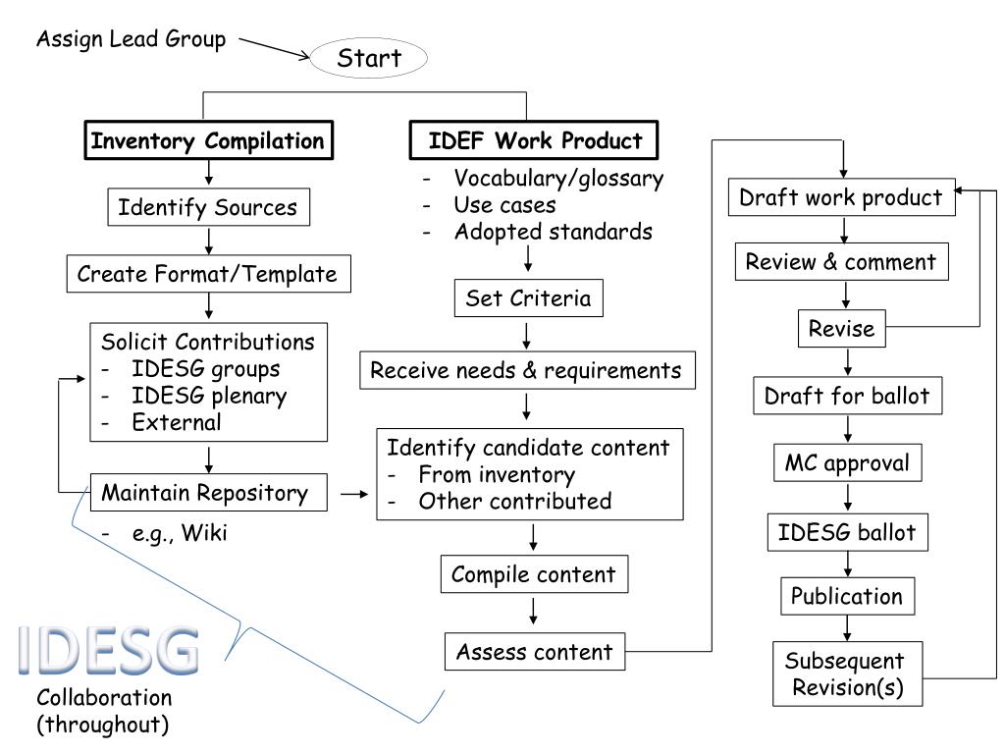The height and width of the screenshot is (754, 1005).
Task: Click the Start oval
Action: coord(369,58)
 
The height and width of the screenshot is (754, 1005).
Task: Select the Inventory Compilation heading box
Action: coord(209,139)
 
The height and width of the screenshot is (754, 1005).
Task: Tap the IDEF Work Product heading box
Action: coord(534,139)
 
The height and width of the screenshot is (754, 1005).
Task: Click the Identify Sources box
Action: coord(209,207)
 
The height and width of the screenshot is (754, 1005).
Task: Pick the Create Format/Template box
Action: coord(209,274)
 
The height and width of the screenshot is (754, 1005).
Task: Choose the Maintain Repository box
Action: coord(209,493)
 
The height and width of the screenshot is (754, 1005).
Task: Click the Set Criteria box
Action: coord(529,298)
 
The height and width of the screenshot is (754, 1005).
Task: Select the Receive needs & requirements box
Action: coord(527,370)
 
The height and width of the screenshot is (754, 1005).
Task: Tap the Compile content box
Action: coord(535,573)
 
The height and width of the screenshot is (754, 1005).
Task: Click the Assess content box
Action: coord(535,652)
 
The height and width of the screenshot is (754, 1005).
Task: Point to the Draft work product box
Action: coord(841,197)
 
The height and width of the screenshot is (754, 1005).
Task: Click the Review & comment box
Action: coord(841,261)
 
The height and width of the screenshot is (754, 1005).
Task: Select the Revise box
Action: coord(841,328)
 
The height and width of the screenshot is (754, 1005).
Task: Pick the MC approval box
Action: coord(847,462)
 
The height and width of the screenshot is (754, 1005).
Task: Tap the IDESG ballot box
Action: coord(847,532)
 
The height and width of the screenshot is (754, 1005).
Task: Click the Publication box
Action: coord(847,596)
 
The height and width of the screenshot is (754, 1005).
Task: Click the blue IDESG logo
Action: coord(108,650)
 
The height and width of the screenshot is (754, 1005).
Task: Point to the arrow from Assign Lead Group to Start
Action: coord(275,48)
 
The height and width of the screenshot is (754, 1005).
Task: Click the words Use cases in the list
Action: coord(505,205)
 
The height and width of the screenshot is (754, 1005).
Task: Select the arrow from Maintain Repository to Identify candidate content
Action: coord(354,494)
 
